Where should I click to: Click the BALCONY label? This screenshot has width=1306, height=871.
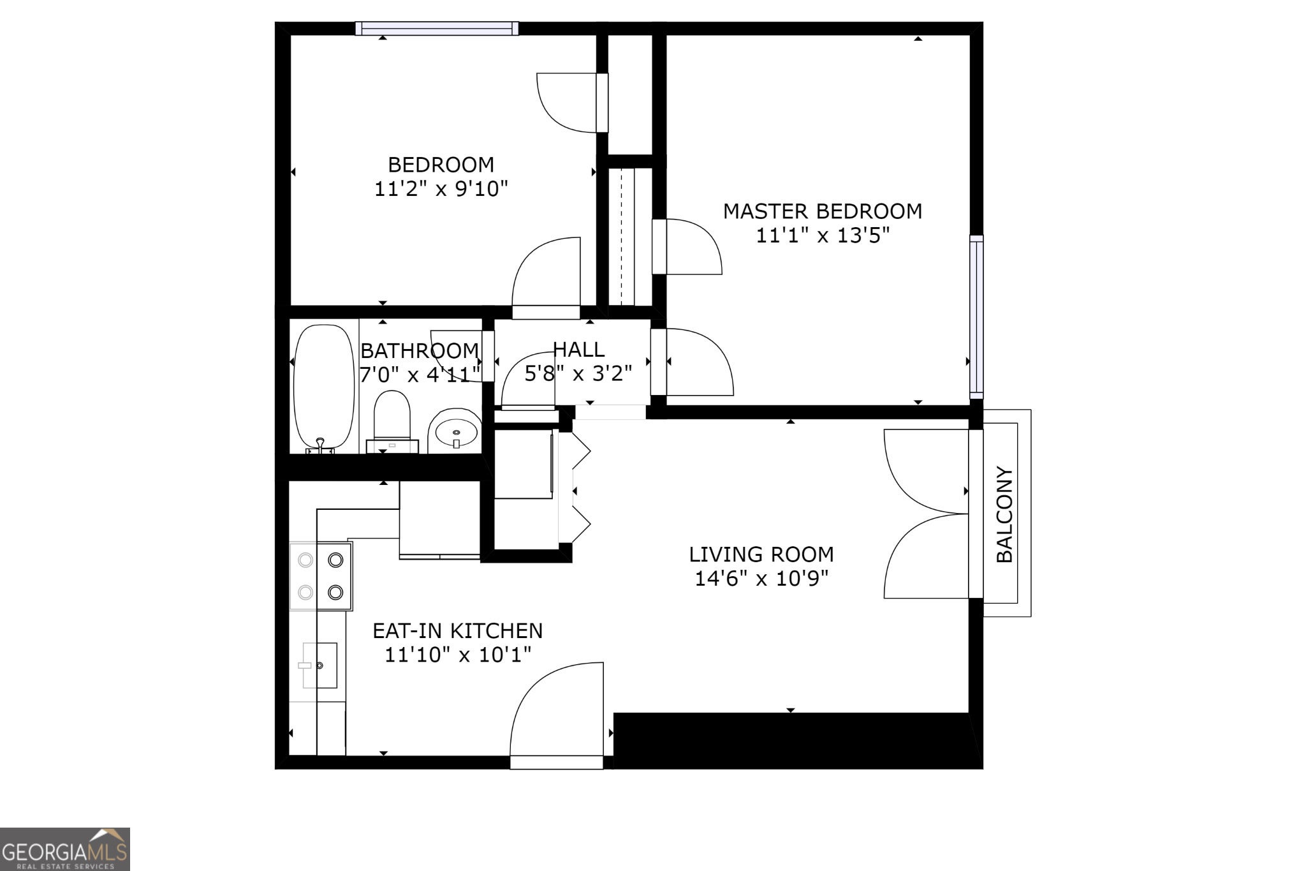(1004, 515)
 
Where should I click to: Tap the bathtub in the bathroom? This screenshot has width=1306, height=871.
(324, 387)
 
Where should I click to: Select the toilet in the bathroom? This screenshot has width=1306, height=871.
(392, 422)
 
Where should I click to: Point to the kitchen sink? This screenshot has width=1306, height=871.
(319, 666)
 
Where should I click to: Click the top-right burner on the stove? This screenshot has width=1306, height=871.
(335, 560)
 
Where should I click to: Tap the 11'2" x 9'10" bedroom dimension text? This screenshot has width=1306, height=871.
(441, 189)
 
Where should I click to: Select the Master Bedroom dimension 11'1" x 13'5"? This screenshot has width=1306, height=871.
(822, 235)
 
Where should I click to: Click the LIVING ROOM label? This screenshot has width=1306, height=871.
(761, 554)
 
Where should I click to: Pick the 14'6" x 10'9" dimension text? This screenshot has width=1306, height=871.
(761, 578)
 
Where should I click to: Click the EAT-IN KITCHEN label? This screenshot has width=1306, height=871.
(458, 630)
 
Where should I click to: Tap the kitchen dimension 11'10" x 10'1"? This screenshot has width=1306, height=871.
(458, 655)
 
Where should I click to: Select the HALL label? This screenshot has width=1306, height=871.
(578, 349)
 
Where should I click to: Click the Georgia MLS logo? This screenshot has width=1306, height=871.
(65, 849)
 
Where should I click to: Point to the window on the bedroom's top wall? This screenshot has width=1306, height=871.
(437, 28)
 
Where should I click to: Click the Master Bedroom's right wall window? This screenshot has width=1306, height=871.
(976, 316)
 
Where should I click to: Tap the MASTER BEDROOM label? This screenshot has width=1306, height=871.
(822, 211)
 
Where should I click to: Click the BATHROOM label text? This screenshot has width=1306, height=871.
(420, 350)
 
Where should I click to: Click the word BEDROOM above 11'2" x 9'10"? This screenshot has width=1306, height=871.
(441, 165)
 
